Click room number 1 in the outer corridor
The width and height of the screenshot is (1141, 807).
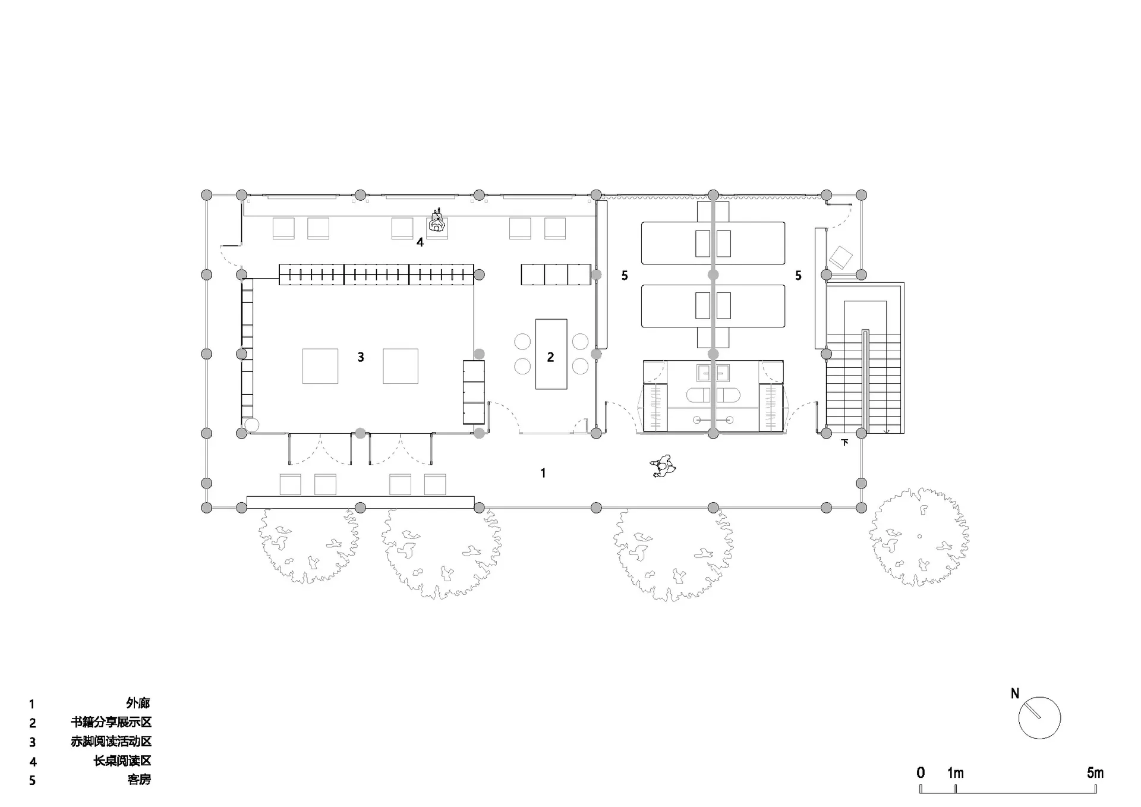[x=543, y=473]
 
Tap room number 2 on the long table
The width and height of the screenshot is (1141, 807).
[x=550, y=357]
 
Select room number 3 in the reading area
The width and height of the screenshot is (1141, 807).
[x=361, y=357]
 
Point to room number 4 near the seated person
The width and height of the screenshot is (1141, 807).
[x=420, y=242]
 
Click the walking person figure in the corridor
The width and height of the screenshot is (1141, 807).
[x=663, y=466]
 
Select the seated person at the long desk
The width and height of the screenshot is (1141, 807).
[x=437, y=223]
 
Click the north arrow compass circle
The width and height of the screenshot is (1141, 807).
[x=1039, y=718]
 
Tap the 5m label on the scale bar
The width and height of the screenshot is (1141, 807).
[x=1095, y=773]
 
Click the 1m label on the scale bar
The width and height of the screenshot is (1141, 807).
[x=956, y=773]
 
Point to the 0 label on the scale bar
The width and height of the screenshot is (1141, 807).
[x=921, y=773]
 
